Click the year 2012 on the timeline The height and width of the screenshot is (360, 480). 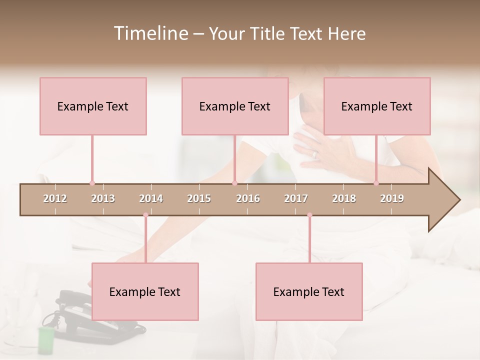tap(55, 199)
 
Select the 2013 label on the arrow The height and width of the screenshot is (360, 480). tap(103, 199)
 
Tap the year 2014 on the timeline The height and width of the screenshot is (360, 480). tap(151, 199)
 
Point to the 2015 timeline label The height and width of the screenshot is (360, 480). tap(199, 199)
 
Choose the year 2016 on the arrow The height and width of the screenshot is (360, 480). tap(248, 199)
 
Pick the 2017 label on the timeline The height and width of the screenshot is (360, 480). tap(296, 199)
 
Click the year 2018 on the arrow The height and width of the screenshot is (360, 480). tap(344, 199)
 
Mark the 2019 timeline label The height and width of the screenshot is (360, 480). tap(392, 199)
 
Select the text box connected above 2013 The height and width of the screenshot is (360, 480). tap(93, 106)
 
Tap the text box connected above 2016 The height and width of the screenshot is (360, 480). tap(235, 106)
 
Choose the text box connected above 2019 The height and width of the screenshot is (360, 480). tap(377, 106)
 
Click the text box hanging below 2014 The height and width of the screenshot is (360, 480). tap(145, 291)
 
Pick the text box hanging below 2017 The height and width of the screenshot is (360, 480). tap(309, 291)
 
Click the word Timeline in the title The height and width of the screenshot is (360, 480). tap(150, 33)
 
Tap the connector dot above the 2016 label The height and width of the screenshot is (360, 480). tap(234, 183)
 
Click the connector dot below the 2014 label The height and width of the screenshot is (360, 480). tap(145, 215)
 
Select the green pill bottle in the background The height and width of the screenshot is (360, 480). tap(46, 339)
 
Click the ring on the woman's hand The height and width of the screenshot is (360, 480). tap(314, 154)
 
